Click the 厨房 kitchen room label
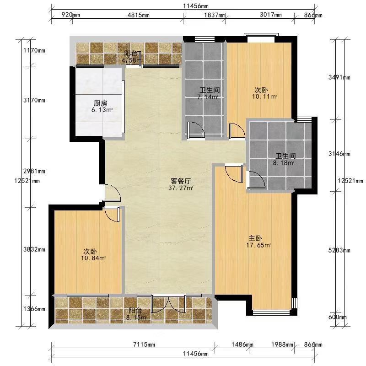(x=100, y=103)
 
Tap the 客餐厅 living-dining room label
(x=181, y=181)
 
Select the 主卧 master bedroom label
(x=255, y=238)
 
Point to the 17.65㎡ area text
(x=258, y=245)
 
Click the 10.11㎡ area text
(x=264, y=97)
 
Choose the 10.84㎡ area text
(x=93, y=258)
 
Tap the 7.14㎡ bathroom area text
(x=208, y=97)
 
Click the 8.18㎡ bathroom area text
(x=283, y=163)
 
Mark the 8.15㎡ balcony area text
(x=136, y=317)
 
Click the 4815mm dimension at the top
(x=139, y=15)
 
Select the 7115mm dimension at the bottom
(x=144, y=344)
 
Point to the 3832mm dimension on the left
(x=34, y=249)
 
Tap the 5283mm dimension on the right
(x=339, y=250)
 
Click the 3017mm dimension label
(x=271, y=15)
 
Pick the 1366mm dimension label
(x=34, y=309)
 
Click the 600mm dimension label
(x=338, y=317)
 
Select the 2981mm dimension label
(x=34, y=171)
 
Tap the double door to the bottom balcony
(x=168, y=304)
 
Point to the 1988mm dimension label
(x=282, y=344)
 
